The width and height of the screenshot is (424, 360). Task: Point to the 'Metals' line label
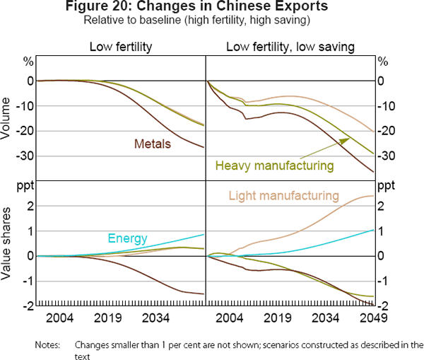click(x=153, y=144)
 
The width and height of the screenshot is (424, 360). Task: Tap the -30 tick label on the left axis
click(x=23, y=156)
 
